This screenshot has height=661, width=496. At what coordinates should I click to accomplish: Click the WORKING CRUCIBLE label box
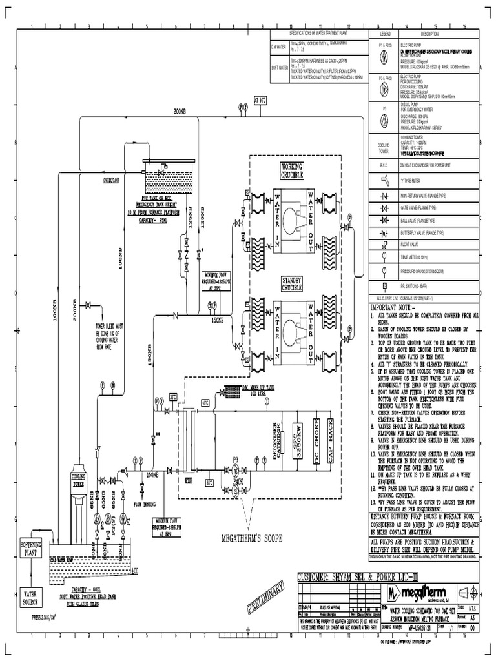(x=291, y=171)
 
